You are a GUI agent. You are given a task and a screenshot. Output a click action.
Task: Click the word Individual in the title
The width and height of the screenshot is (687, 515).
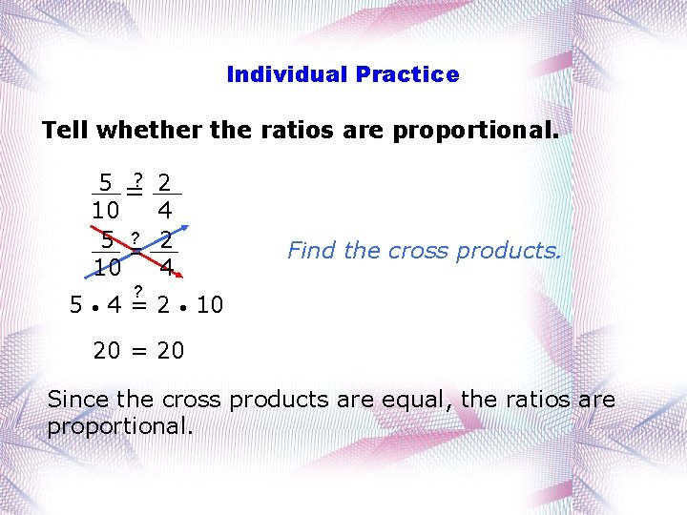(286, 74)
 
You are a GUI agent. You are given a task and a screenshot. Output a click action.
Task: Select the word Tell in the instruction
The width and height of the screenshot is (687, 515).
(66, 131)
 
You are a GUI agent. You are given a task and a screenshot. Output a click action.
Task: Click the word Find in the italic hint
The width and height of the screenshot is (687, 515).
(312, 251)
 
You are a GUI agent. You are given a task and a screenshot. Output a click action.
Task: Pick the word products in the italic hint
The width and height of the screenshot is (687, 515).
(510, 251)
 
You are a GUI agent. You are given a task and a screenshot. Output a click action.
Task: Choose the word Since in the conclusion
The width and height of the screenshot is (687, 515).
(78, 400)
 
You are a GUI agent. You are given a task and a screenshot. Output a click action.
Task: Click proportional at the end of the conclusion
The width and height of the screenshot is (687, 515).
(119, 426)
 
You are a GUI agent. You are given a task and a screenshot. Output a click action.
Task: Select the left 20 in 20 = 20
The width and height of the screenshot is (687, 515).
(107, 351)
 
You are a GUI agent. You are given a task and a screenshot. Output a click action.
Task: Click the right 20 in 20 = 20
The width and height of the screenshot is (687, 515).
(171, 351)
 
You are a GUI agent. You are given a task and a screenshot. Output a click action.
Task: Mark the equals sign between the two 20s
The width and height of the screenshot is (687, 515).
(138, 351)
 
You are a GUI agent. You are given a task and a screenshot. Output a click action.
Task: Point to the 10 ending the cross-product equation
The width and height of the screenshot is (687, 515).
(209, 305)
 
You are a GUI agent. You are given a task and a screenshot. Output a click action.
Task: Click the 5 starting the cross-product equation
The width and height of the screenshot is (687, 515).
(76, 305)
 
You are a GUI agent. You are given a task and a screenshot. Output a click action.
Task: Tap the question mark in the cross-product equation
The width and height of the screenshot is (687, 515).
(138, 290)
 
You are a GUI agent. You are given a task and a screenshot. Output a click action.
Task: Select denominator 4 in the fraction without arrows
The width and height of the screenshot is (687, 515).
(165, 208)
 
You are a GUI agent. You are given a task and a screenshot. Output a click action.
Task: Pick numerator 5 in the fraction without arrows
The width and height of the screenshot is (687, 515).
(107, 182)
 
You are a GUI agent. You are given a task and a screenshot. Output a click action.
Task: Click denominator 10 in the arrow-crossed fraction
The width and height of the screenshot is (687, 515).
(107, 268)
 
